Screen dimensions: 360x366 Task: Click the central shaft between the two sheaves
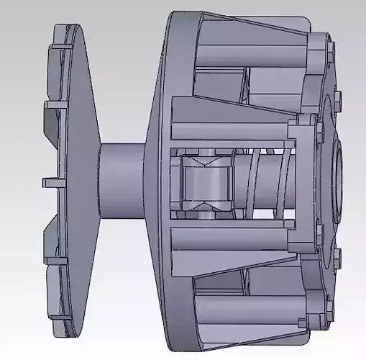coord(122,180)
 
